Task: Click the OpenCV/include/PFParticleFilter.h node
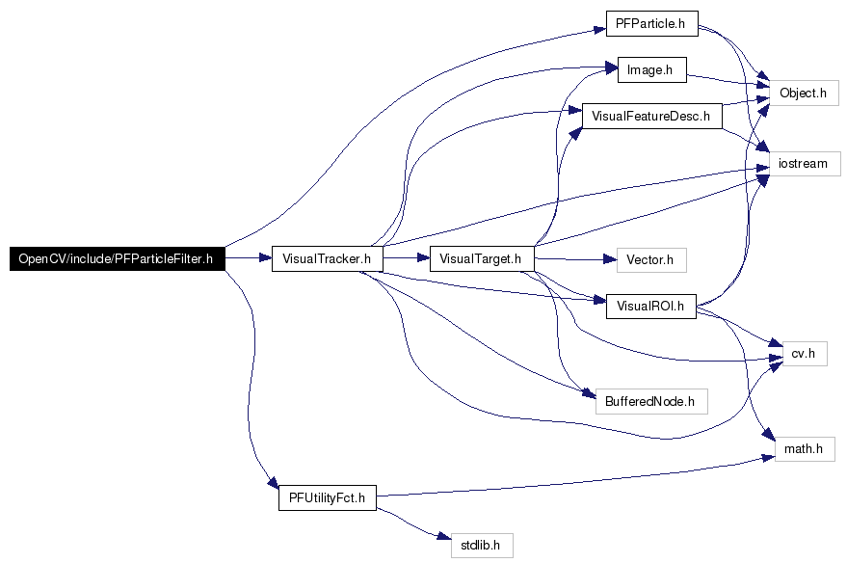click(118, 258)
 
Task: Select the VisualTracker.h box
click(328, 258)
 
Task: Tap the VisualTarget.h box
click(482, 258)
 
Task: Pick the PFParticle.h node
click(652, 24)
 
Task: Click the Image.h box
click(652, 69)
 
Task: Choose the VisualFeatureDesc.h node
click(652, 116)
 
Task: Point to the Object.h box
click(804, 93)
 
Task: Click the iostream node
click(805, 164)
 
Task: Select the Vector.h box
click(651, 260)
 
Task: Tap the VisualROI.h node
click(651, 307)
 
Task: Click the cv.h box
click(805, 354)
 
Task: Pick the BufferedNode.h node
click(651, 401)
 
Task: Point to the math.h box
click(805, 449)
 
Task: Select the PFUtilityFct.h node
click(328, 497)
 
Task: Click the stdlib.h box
click(482, 546)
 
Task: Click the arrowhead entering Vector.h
click(610, 260)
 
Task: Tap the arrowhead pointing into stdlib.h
click(445, 537)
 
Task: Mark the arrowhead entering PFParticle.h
click(599, 29)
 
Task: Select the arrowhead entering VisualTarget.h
click(423, 258)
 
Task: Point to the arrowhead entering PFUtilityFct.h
click(274, 481)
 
